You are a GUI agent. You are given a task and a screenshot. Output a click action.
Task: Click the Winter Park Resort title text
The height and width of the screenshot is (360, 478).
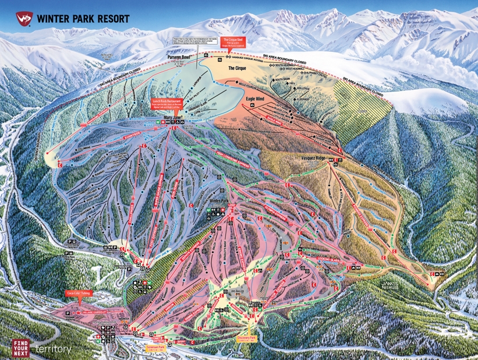tap(83, 18)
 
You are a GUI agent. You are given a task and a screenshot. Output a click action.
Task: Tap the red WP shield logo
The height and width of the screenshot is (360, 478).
tap(23, 17)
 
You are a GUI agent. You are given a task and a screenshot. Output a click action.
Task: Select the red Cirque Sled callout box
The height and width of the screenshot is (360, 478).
tap(236, 41)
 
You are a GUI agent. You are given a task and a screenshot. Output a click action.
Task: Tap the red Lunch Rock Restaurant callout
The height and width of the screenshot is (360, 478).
tap(168, 103)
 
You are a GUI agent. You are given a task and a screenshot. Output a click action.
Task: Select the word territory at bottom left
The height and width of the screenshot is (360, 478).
tap(54, 349)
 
